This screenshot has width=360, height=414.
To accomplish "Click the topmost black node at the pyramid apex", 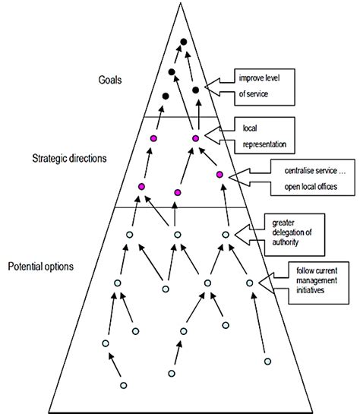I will [183, 43].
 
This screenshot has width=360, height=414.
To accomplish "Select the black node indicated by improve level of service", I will [196, 90].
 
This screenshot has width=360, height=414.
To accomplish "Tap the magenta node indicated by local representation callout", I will [195, 138].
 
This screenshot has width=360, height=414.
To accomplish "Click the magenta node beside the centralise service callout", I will [220, 175].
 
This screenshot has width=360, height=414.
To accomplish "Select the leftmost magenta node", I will [141, 186].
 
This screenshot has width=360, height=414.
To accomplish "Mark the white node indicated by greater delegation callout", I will [225, 234].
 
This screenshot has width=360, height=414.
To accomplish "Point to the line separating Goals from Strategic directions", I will [182, 117].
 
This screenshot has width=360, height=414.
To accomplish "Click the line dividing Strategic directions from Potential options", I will [182, 207].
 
